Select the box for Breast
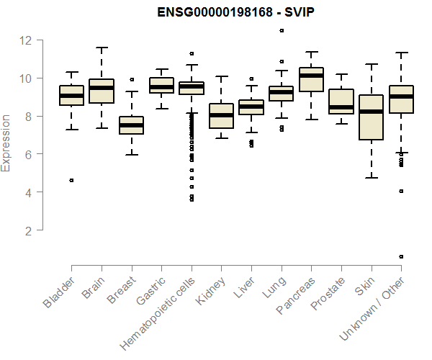131,125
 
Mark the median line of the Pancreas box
311,76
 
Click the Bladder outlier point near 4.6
71,180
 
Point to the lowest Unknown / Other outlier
401,256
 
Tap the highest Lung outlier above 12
281,30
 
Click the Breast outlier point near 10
132,79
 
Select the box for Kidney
221,116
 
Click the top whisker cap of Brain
102,48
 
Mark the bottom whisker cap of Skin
371,177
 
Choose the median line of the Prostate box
341,107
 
